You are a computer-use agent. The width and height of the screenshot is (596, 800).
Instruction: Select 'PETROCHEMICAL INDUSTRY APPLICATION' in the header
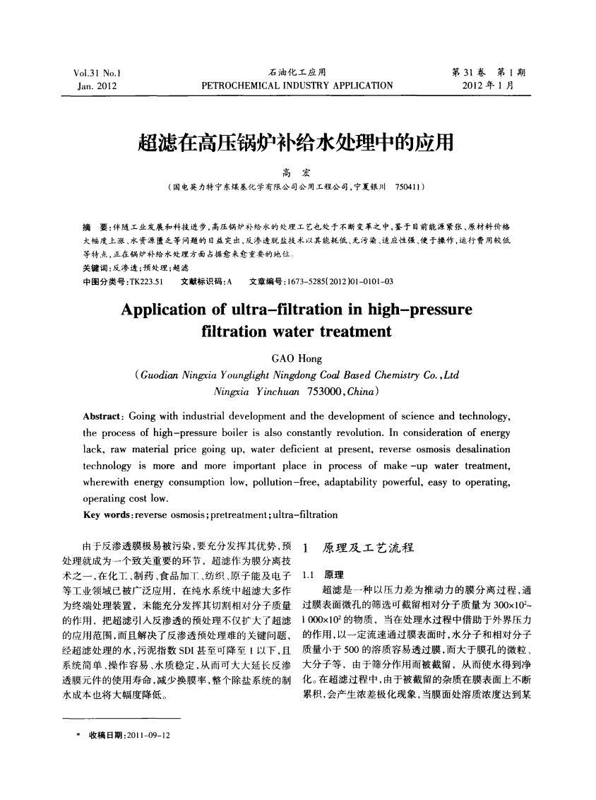tap(297, 86)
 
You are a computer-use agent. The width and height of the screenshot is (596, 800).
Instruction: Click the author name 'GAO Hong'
tap(297, 360)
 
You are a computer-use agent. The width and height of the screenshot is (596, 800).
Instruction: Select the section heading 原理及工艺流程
tap(367, 548)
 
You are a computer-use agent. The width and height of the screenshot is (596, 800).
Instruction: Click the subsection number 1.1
tap(308, 573)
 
